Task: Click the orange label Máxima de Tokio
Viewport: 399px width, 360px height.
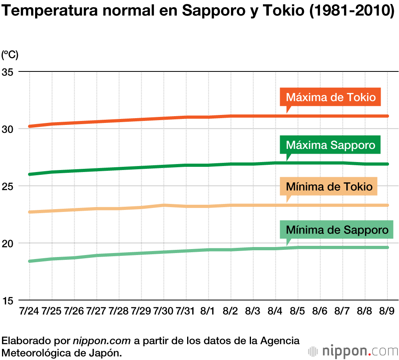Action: click(331, 97)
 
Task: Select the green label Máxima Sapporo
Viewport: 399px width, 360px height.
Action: click(331, 145)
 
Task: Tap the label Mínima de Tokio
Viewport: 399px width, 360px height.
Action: click(329, 187)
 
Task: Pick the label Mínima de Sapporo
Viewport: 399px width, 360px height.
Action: click(337, 230)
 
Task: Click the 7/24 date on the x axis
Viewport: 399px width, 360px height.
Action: click(29, 311)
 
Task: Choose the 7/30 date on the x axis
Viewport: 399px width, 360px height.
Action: click(163, 311)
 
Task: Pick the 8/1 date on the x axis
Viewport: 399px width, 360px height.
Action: click(208, 311)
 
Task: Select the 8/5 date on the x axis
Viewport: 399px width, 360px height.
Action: click(298, 311)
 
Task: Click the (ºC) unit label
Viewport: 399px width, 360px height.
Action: click(10, 55)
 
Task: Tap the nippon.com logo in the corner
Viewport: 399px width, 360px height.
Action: click(354, 351)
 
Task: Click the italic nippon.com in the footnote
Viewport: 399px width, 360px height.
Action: click(102, 341)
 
